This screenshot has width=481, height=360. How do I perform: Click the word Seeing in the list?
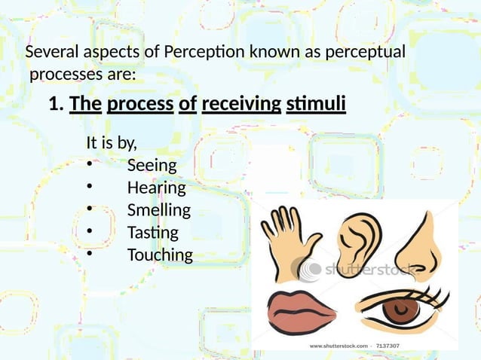pyautogui.click(x=152, y=165)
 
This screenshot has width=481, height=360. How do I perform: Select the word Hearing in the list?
pyautogui.click(x=156, y=188)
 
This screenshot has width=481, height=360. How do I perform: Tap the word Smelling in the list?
pyautogui.click(x=158, y=209)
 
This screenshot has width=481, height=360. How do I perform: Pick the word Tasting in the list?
pyautogui.click(x=152, y=232)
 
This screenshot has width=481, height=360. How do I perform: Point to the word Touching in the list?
pyautogui.click(x=159, y=255)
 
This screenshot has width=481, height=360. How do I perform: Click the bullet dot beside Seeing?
pyautogui.click(x=89, y=166)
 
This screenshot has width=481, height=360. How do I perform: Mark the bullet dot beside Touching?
pyautogui.click(x=89, y=255)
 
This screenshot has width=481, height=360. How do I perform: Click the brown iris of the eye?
pyautogui.click(x=393, y=310)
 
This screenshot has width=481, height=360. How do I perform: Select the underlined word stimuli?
pyautogui.click(x=316, y=104)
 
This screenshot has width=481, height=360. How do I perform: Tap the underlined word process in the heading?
pyautogui.click(x=140, y=104)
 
